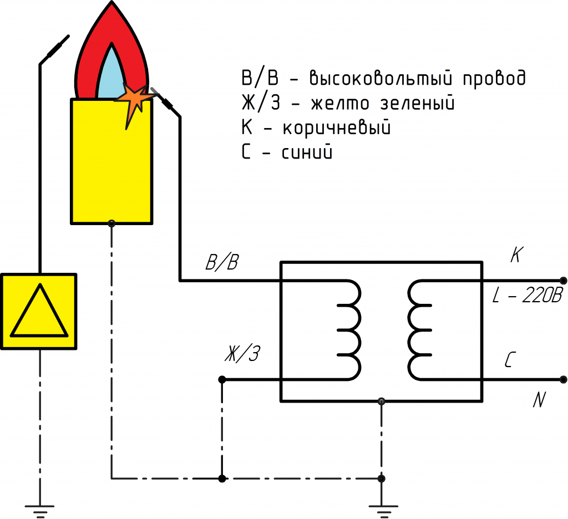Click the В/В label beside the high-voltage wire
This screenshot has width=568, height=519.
pyautogui.click(x=222, y=262)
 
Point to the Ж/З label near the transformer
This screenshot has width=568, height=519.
pyautogui.click(x=242, y=353)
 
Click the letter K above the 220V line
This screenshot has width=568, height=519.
pyautogui.click(x=516, y=255)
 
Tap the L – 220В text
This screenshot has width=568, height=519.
pyautogui.click(x=528, y=295)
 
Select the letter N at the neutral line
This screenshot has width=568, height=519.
pyautogui.click(x=539, y=400)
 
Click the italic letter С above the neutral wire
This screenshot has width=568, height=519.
pyautogui.click(x=510, y=360)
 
